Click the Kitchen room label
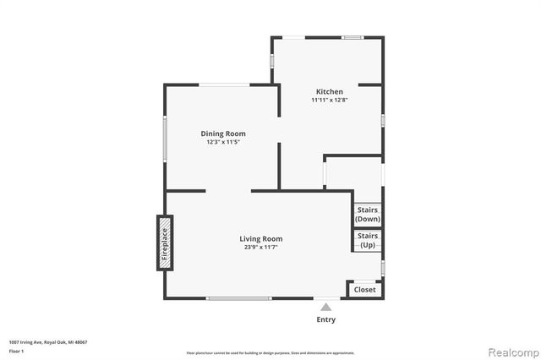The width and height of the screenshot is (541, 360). (x=330, y=91)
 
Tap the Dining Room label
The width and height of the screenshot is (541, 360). (x=223, y=134)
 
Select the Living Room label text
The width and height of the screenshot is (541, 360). (x=260, y=239)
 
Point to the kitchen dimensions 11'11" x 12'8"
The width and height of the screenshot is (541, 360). (x=330, y=101)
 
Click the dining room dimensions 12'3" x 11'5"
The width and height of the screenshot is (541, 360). (x=223, y=142)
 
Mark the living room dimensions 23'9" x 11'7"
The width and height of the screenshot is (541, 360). (x=260, y=248)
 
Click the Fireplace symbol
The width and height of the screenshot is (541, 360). (x=165, y=243)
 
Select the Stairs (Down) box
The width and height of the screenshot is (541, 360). (x=368, y=215)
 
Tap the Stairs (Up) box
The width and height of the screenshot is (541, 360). (x=368, y=240)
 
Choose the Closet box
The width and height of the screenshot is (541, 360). (x=365, y=290)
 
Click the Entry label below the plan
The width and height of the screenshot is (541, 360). (x=325, y=319)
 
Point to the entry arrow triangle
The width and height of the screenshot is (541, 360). (x=325, y=307)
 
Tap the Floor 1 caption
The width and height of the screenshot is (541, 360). (x=16, y=350)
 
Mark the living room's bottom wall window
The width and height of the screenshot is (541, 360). (x=238, y=298)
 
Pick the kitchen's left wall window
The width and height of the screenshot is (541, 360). (x=271, y=61)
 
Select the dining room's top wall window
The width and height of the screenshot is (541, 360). (x=223, y=84)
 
